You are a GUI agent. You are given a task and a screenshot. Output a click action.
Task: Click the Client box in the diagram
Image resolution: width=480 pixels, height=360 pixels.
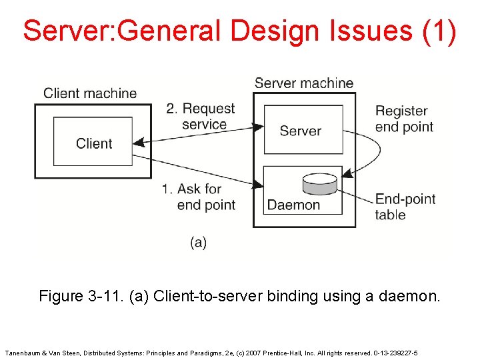[x=93, y=142]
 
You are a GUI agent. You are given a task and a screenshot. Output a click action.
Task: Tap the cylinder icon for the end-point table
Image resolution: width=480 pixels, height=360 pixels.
[x=321, y=185]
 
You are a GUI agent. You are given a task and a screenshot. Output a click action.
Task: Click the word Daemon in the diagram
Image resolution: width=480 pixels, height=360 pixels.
[x=293, y=205]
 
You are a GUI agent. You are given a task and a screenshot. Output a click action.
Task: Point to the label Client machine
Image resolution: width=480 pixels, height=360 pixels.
[x=90, y=93]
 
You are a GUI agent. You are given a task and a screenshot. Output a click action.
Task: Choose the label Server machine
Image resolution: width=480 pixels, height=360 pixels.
[x=304, y=83]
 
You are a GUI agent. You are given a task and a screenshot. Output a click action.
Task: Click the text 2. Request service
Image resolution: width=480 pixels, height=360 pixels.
[x=201, y=116]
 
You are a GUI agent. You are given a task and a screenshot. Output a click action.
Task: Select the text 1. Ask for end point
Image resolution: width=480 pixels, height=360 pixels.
[x=199, y=197]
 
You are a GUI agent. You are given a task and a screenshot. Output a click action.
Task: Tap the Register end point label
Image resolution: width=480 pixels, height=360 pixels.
[x=404, y=119]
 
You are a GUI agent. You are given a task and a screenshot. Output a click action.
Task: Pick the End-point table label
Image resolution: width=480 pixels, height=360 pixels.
[x=405, y=207]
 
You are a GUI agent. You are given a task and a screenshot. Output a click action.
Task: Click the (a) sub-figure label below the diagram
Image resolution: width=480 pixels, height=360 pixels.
[x=199, y=242]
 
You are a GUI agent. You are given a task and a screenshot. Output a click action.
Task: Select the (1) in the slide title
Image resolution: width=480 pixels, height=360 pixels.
[x=439, y=31]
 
